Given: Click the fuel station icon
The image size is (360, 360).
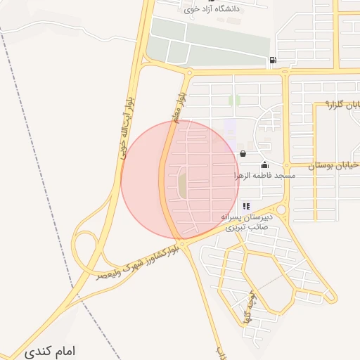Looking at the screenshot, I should [x=272, y=60].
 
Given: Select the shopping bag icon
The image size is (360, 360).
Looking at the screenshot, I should [x=243, y=153].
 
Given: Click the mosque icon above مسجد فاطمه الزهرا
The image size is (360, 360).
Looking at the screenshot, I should [x=264, y=165].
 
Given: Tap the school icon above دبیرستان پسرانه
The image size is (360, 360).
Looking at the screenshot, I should [x=245, y=206].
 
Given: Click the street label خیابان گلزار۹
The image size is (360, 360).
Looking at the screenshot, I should [x=343, y=105].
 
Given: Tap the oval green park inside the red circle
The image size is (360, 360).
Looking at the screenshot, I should [x=182, y=183].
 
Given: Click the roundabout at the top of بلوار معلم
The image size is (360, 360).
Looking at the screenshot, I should [x=189, y=72].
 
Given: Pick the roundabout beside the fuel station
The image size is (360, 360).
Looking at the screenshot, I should [x=285, y=71].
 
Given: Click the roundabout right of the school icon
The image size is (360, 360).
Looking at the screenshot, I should [x=281, y=210].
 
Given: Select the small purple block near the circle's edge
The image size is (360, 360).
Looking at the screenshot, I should [x=231, y=127].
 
